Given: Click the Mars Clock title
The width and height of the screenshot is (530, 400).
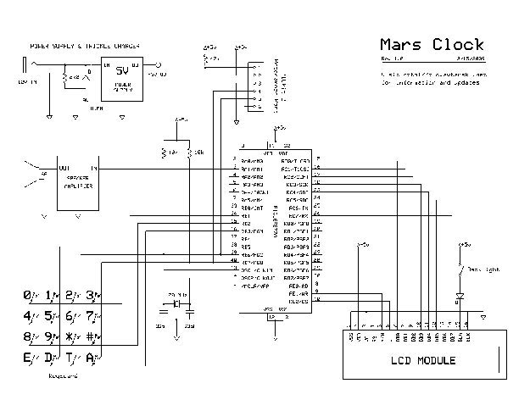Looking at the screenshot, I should tap(432, 45).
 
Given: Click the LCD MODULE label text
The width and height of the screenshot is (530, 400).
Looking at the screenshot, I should tap(422, 360).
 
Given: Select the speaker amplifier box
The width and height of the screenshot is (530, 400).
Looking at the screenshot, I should tap(77, 181).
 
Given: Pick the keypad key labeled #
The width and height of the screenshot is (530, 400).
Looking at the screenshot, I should tap(92, 336).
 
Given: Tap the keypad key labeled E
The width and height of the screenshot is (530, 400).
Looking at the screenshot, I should tap(29, 357).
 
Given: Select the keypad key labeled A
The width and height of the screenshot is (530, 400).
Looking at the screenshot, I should tap(92, 357).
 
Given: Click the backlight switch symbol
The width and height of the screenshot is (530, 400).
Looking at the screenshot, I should tap(459, 269).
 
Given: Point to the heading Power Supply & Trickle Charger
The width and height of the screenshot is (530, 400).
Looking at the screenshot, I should tap(85, 45).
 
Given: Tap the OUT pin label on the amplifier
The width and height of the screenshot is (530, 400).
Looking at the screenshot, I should tap(64, 168).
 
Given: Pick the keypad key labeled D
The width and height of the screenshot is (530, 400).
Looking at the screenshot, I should tap(50, 357).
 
